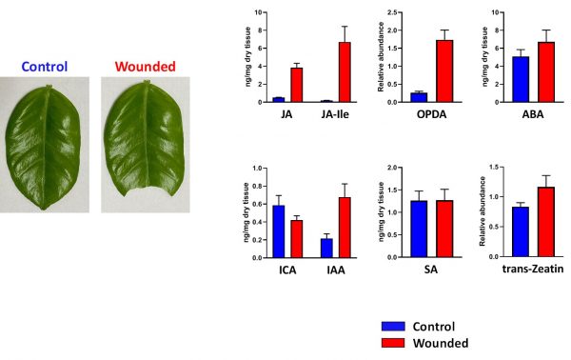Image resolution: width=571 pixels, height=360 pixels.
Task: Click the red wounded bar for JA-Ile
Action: (345, 72)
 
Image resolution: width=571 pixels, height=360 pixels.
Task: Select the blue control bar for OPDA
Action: (419, 98)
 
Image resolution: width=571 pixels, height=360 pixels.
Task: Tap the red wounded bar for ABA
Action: (546, 72)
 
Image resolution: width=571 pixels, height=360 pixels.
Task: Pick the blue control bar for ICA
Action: (279, 231)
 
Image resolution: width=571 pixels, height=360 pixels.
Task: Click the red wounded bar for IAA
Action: (345, 228)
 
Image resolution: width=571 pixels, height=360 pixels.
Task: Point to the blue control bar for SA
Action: (419, 230)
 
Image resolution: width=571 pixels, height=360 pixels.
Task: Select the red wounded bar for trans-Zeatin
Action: (546, 222)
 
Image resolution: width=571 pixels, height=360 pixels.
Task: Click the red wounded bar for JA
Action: (296, 85)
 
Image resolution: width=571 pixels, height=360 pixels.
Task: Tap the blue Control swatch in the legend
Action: (393, 326)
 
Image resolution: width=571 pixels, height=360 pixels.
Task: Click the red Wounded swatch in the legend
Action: (393, 343)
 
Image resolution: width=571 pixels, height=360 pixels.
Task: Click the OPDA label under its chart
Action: (431, 114)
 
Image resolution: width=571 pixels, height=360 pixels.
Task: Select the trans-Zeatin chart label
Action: (533, 269)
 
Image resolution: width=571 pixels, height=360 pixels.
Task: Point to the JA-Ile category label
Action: (335, 114)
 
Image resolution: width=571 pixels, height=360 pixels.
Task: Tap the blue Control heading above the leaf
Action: (45, 67)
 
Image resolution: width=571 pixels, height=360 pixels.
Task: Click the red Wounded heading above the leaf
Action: (146, 67)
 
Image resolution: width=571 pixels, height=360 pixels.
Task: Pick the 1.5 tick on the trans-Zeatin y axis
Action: (494, 168)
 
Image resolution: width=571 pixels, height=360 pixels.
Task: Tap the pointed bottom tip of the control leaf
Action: (44, 209)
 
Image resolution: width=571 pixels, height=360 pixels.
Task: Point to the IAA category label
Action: (336, 270)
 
